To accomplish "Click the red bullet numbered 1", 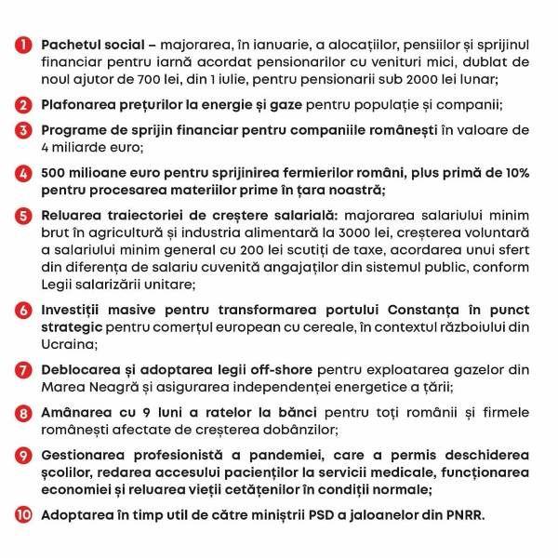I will [21, 44].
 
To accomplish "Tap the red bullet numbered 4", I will [21, 175].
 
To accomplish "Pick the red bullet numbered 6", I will [21, 307].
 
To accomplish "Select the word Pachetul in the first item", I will [76, 44].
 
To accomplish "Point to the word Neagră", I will [117, 391].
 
